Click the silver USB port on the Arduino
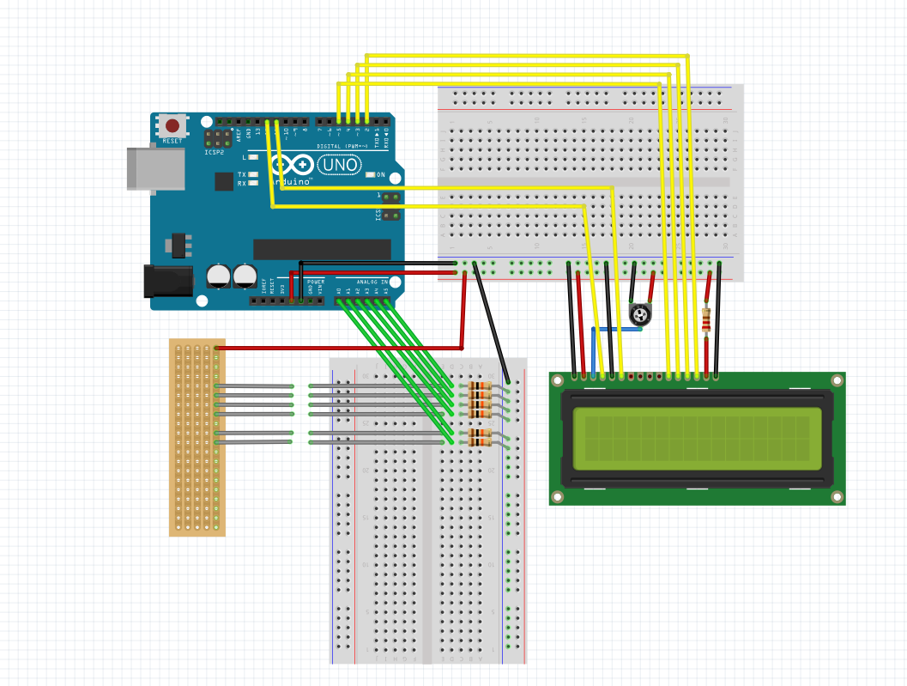point(155,168)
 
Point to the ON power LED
point(370,175)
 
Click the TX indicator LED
point(253,174)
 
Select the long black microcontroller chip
point(322,249)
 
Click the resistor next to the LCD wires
point(706,319)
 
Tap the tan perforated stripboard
point(197,438)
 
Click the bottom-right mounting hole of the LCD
point(836,496)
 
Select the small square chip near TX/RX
point(224,181)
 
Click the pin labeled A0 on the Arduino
point(340,301)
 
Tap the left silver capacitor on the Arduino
point(219,275)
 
